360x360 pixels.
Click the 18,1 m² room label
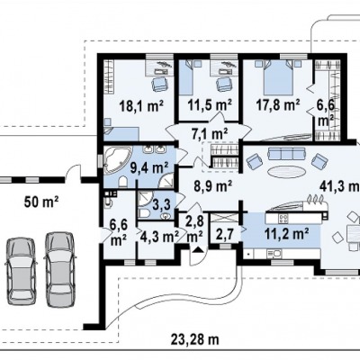click(x=141, y=106)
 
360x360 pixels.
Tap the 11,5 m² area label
click(x=210, y=105)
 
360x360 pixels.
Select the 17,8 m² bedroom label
click(x=278, y=104)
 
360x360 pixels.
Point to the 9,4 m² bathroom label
click(x=149, y=167)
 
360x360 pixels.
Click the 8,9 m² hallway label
click(x=213, y=186)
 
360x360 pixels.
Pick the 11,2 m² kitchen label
click(x=287, y=232)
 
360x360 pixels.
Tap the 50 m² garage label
click(x=41, y=202)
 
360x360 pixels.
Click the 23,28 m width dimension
click(x=195, y=340)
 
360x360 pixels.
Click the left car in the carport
click(x=21, y=271)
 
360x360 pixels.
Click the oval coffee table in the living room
click(x=286, y=172)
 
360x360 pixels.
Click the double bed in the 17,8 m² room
click(x=278, y=76)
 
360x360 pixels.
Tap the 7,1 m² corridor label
click(x=210, y=133)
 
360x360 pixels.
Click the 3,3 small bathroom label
click(x=162, y=205)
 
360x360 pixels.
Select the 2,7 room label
click(x=223, y=233)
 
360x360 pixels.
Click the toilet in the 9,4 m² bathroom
click(x=122, y=182)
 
